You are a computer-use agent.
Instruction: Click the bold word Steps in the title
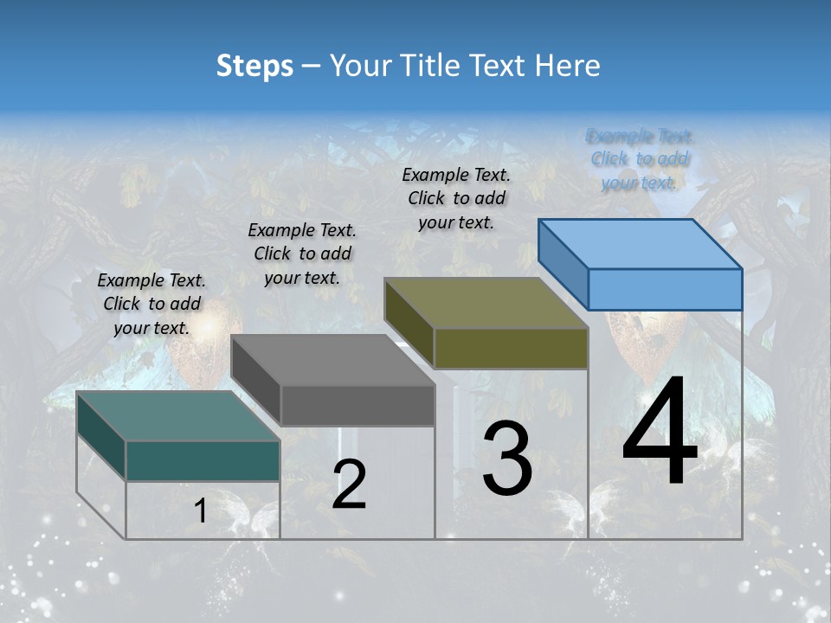click(254, 66)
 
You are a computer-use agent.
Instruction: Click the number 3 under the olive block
click(507, 459)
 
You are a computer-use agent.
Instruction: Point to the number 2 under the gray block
click(349, 485)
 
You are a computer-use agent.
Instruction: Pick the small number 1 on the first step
click(200, 511)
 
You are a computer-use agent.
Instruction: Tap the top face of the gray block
click(333, 360)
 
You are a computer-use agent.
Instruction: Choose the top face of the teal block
click(178, 415)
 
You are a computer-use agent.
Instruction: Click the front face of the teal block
click(203, 460)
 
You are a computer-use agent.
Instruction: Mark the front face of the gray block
click(358, 405)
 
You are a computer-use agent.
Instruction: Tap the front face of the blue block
click(665, 289)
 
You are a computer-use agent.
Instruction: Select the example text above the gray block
click(302, 254)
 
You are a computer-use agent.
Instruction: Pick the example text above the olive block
click(457, 198)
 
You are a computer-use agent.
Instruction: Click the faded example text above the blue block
click(640, 159)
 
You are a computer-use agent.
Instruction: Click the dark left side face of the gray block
click(257, 381)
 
